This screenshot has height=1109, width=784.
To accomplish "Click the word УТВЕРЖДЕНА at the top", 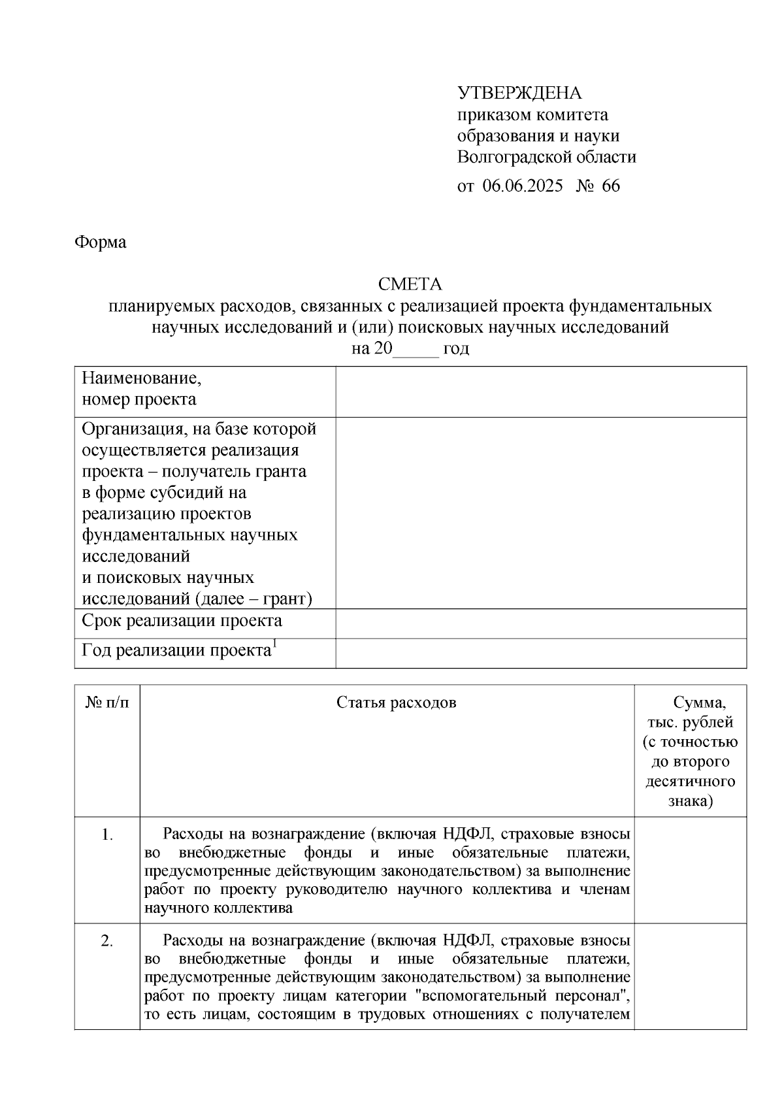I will (519, 93).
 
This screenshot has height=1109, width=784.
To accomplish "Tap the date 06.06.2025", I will (523, 186).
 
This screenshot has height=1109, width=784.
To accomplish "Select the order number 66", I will (611, 186).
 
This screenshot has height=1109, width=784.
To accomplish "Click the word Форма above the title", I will (101, 242).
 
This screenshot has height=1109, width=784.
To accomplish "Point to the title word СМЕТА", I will (410, 284).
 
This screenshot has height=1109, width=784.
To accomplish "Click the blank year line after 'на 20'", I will (416, 349).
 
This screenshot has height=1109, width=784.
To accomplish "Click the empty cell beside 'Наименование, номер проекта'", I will (541, 391).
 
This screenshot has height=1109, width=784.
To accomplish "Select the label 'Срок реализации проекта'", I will (182, 620).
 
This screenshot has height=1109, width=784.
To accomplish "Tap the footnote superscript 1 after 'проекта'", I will (275, 645).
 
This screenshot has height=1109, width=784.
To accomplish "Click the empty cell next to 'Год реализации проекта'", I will (541, 652).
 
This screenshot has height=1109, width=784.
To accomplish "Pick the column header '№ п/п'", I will (107, 703).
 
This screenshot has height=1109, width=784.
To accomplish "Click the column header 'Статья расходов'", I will (396, 703).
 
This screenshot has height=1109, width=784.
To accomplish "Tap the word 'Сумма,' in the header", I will (699, 703).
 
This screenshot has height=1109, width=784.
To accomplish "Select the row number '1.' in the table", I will (108, 835).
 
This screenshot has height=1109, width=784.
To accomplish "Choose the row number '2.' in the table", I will (108, 941).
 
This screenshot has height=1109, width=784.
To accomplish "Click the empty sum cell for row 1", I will (690, 869).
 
